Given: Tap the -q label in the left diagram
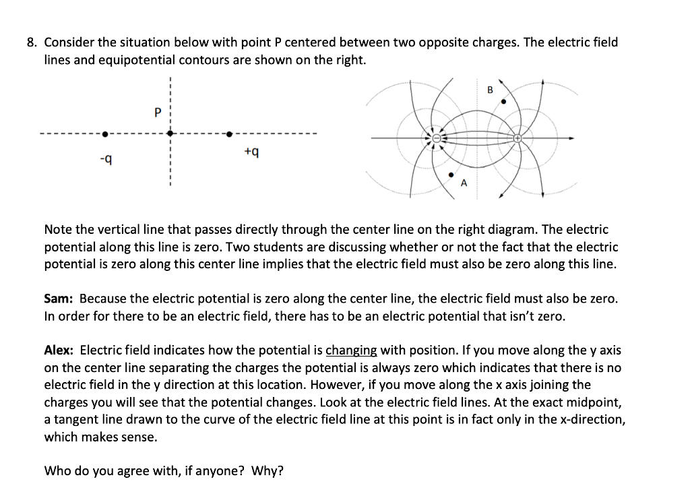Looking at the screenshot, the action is coord(104,159).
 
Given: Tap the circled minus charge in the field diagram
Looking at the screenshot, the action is coord(436,138).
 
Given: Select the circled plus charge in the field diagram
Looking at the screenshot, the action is coord(517,138).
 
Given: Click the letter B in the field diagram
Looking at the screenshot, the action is coord(490,90).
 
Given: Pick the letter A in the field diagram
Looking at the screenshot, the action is coord(464,183).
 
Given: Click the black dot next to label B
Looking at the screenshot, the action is coord(503,102).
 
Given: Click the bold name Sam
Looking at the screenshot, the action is coord(59,299).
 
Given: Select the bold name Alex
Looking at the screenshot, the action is coord(59,350).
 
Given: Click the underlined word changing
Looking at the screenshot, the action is coord(351,350).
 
